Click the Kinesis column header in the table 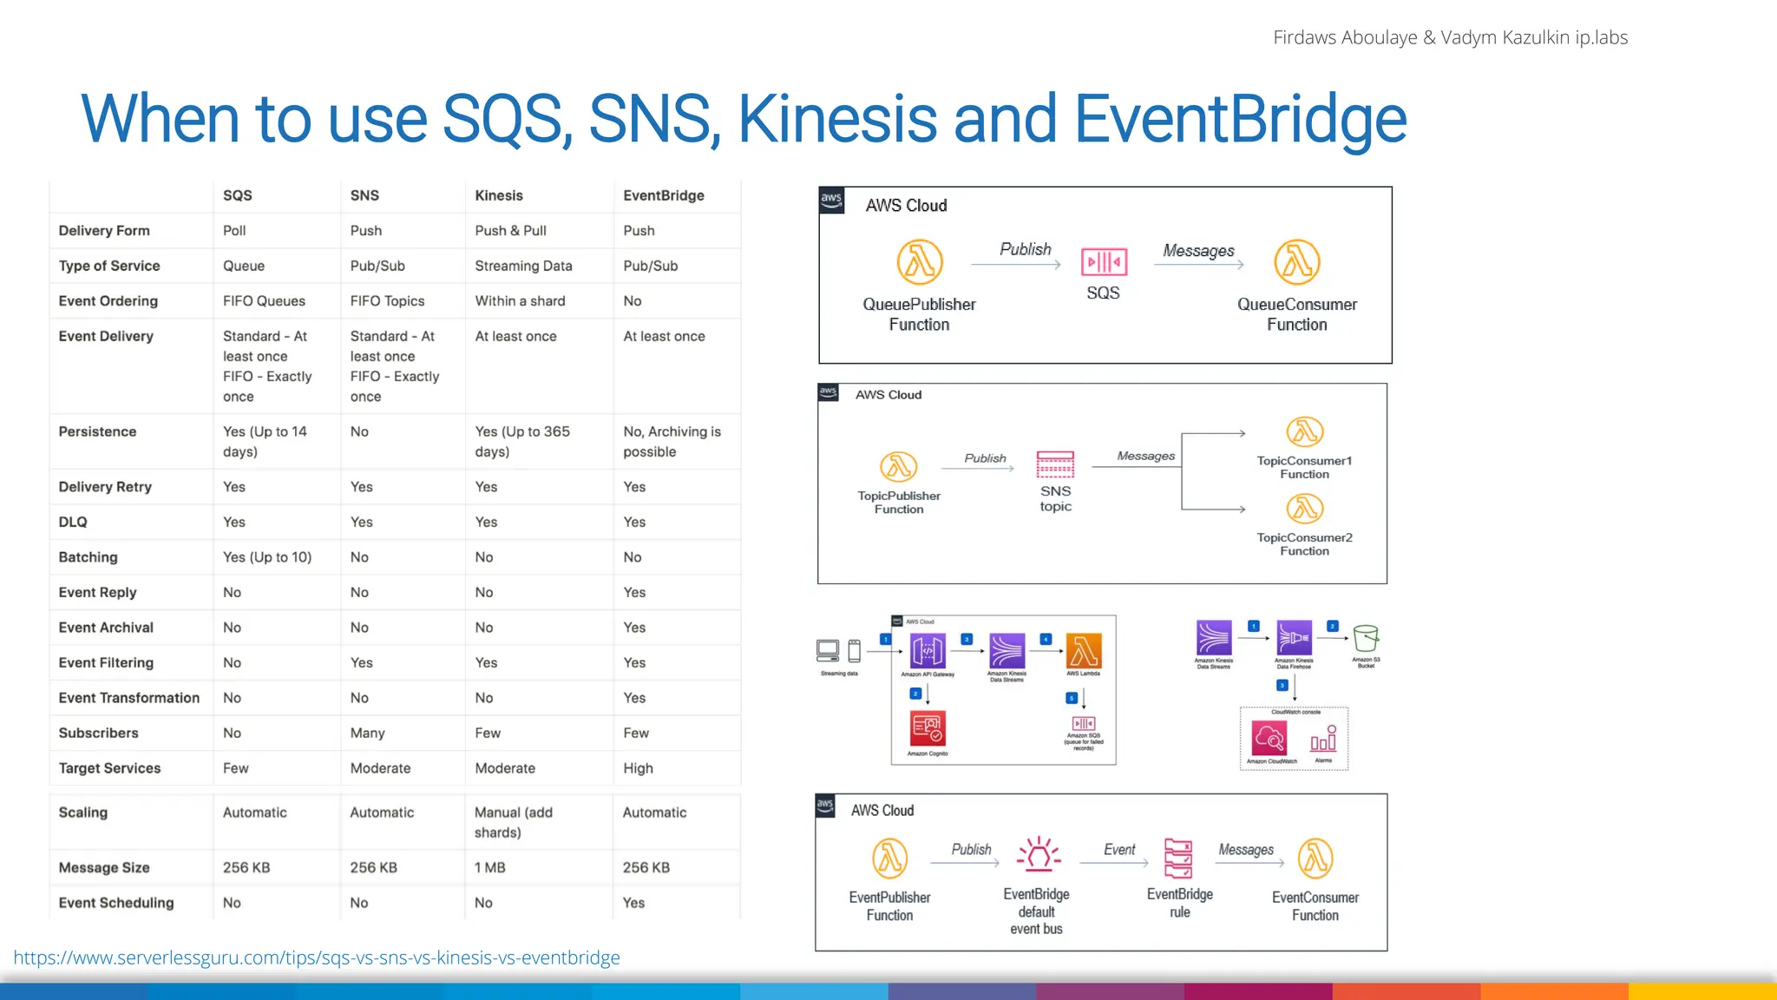(499, 195)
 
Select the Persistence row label (97, 431)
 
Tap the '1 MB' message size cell (489, 867)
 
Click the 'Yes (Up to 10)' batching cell (267, 556)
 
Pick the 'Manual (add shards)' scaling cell (513, 822)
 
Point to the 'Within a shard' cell (520, 300)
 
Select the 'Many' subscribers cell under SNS (367, 733)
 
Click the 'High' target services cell (638, 767)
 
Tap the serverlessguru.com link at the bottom (317, 957)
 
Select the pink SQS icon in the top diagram (1104, 261)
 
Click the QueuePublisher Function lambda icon (919, 262)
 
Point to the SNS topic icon (1055, 464)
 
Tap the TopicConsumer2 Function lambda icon (1304, 509)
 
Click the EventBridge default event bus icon (1038, 855)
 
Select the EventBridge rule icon (1178, 858)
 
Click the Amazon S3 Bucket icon (1366, 638)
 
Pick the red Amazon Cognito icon (928, 728)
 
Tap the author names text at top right (1450, 37)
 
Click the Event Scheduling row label (116, 903)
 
